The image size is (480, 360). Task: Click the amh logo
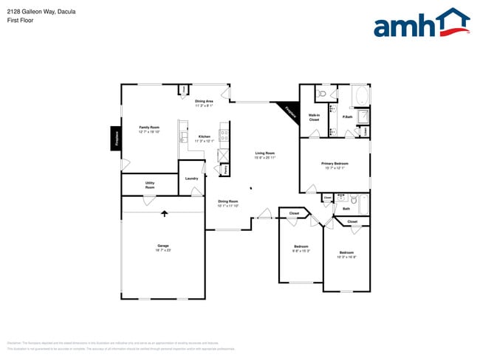(421, 24)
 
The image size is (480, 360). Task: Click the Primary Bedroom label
(333, 165)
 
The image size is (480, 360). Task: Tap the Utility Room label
(150, 185)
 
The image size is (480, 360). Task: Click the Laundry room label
(191, 179)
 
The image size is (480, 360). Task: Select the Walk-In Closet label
(314, 117)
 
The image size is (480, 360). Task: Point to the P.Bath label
(346, 117)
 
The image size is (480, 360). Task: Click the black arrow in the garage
(165, 214)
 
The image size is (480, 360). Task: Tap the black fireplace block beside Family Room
(116, 137)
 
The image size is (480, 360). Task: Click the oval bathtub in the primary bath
(361, 97)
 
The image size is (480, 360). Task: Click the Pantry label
(224, 170)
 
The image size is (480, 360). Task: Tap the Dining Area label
(205, 103)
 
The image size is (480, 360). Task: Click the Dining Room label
(227, 203)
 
